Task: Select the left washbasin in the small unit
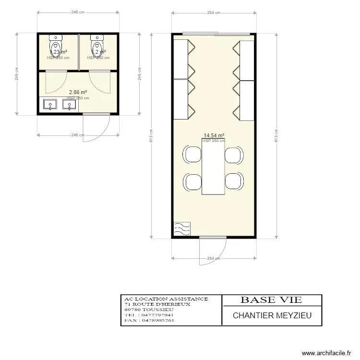pos(48,104)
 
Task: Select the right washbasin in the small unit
pos(70,104)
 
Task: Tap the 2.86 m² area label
pos(78,92)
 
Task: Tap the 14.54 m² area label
pos(214,136)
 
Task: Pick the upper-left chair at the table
pos(193,155)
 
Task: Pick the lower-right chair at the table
pos(234,181)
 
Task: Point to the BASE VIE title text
pos(271,300)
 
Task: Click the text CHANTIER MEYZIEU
pos(272,315)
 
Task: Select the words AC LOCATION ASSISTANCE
pos(166,299)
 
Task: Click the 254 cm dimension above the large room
pos(214,13)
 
